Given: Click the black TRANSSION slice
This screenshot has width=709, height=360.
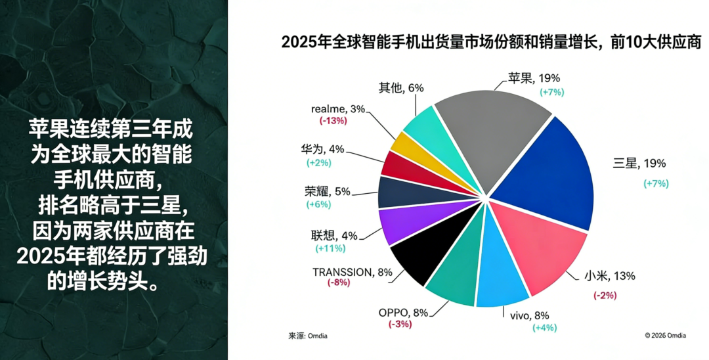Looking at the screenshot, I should pos(417,259).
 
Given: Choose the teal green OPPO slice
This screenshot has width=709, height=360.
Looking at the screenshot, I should pos(453,276).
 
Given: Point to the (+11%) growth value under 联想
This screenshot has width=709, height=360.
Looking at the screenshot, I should pos(331,248).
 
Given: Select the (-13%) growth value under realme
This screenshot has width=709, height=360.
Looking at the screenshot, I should pos(333,121).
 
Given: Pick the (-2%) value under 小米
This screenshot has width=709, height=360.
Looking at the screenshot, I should pos(605,295).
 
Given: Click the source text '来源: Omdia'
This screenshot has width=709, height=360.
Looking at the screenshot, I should pos(307,336).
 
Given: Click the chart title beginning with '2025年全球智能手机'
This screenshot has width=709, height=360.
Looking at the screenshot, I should pos(491,42).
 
